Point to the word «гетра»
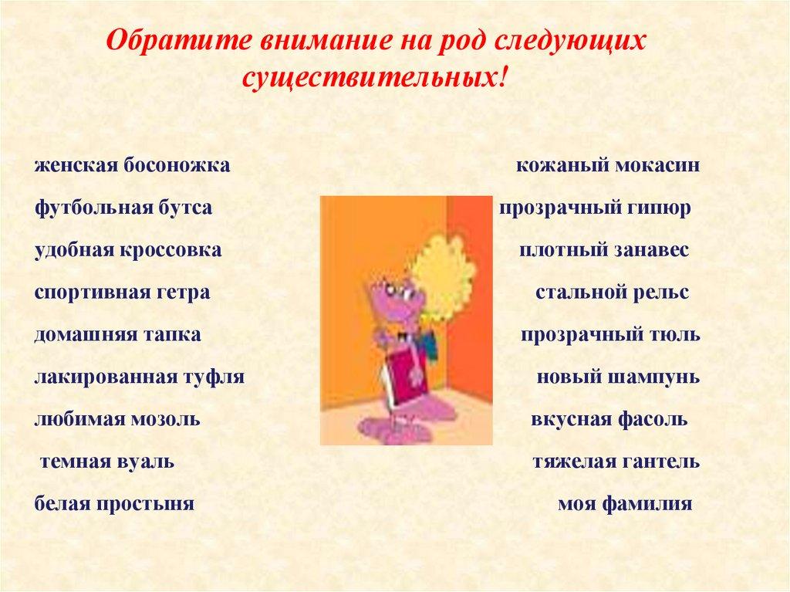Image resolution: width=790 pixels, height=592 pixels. (187, 293)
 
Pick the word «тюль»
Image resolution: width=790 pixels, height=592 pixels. (676, 336)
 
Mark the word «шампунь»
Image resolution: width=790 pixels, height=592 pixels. (660, 378)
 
